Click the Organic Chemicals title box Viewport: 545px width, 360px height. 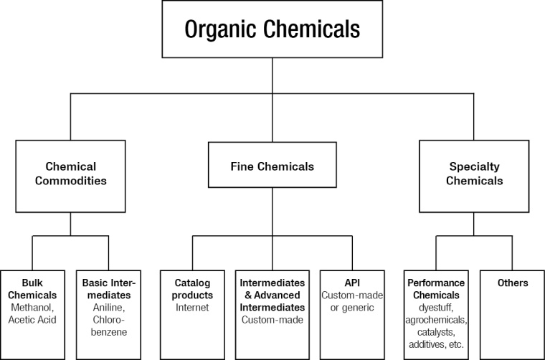pos(272,29)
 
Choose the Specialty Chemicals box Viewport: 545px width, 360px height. pos(473,174)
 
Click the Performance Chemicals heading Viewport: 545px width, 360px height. pos(437,289)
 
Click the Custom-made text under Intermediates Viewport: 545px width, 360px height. pos(272,320)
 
